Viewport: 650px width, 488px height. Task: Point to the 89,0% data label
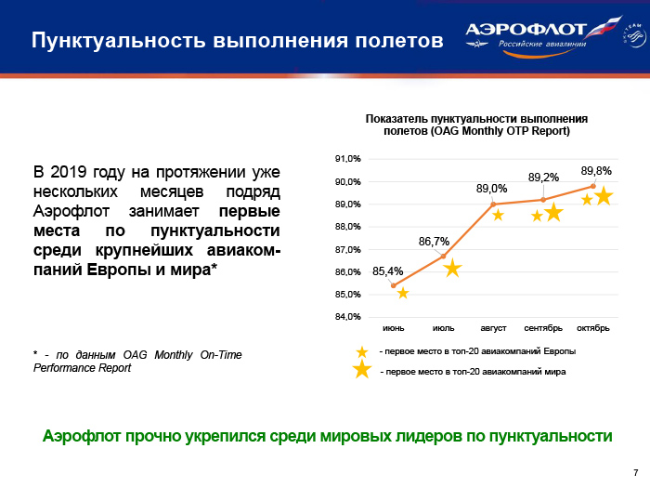pyautogui.click(x=491, y=189)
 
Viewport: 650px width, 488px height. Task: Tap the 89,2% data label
pyautogui.click(x=543, y=177)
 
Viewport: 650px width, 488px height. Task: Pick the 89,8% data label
pyautogui.click(x=596, y=171)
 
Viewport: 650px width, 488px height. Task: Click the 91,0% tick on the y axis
pyautogui.click(x=349, y=159)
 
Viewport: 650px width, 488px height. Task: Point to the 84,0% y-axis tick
pyautogui.click(x=349, y=317)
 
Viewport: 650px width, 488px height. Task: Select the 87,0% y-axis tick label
pyautogui.click(x=349, y=249)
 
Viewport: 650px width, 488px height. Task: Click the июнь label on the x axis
pyautogui.click(x=394, y=328)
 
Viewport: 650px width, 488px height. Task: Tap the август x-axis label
pyautogui.click(x=493, y=328)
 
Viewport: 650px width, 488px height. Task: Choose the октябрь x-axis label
pyautogui.click(x=593, y=328)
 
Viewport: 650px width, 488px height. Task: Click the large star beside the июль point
pyautogui.click(x=452, y=269)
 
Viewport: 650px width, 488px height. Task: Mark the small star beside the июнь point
pyautogui.click(x=403, y=293)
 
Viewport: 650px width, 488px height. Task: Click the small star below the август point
pyautogui.click(x=498, y=215)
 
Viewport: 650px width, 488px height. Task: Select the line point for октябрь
pyautogui.click(x=593, y=186)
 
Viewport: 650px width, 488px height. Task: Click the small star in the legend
pyautogui.click(x=361, y=351)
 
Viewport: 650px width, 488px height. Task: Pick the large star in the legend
pyautogui.click(x=362, y=371)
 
